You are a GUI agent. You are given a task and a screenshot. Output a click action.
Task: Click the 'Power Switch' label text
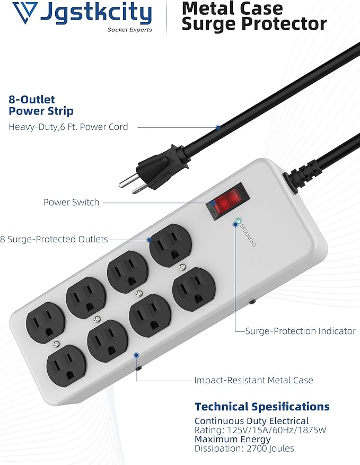click(71, 202)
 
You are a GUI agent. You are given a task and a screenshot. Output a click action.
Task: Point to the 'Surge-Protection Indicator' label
click(300, 331)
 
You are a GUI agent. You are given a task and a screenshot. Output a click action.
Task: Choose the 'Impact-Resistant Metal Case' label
click(253, 380)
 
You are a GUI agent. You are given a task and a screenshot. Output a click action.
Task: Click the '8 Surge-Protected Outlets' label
click(54, 240)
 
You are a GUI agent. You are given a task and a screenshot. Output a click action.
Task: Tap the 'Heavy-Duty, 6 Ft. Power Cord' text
click(68, 127)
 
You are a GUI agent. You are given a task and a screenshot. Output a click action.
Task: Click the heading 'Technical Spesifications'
click(262, 407)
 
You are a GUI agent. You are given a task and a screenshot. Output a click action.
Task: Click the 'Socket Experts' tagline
click(130, 30)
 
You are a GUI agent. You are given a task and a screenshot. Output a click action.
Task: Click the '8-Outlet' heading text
click(32, 99)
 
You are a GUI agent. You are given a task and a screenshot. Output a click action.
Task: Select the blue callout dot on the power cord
click(218, 127)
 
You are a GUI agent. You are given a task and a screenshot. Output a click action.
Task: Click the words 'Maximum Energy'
click(232, 439)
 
